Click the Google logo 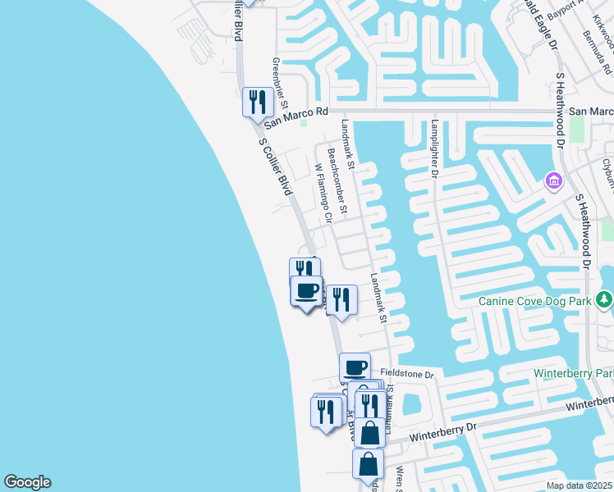pos(27,482)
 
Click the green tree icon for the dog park pos(604,301)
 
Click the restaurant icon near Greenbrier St pos(257,102)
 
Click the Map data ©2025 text pos(580,485)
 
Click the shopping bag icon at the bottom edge pos(368,463)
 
